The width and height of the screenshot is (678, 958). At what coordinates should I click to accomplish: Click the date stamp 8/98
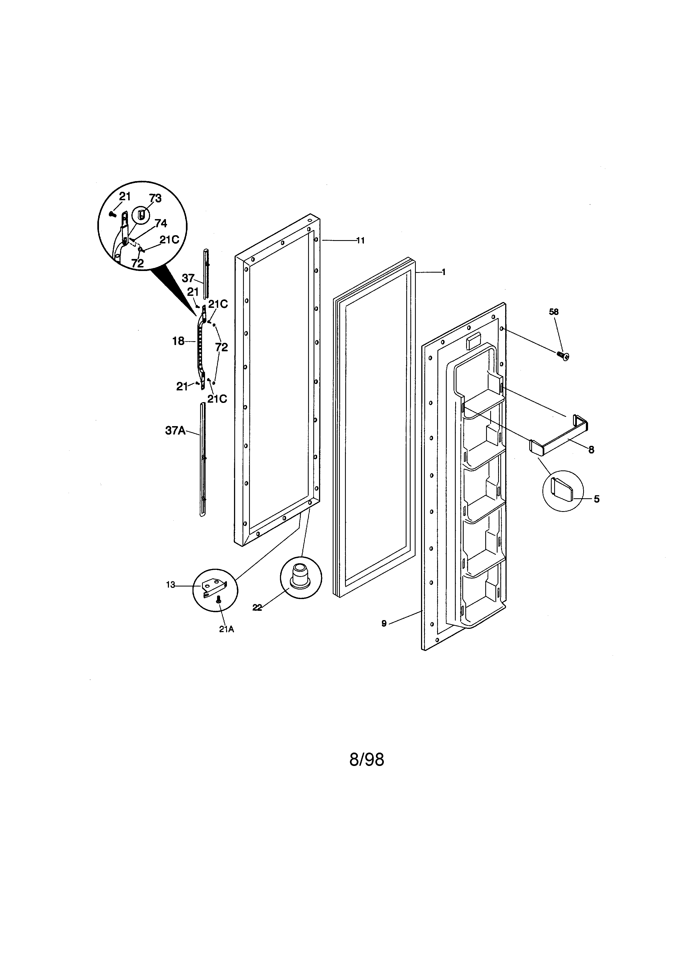(x=367, y=760)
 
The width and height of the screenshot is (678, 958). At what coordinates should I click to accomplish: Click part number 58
(x=554, y=312)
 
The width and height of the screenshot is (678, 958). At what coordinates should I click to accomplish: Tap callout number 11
(x=360, y=240)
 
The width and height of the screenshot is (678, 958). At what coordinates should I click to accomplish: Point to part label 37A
(x=175, y=431)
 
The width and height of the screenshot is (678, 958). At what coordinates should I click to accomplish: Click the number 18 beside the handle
(x=178, y=341)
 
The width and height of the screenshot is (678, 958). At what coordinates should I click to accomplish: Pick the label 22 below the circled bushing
(x=257, y=608)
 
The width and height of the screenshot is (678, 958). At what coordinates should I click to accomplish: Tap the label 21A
(x=226, y=630)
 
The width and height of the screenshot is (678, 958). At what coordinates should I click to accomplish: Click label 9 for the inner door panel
(x=384, y=623)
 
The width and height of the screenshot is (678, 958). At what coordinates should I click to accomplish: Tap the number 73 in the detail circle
(x=155, y=198)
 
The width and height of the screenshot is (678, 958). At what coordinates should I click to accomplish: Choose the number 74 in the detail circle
(x=161, y=224)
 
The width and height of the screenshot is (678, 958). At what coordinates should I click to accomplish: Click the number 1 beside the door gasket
(x=443, y=272)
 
